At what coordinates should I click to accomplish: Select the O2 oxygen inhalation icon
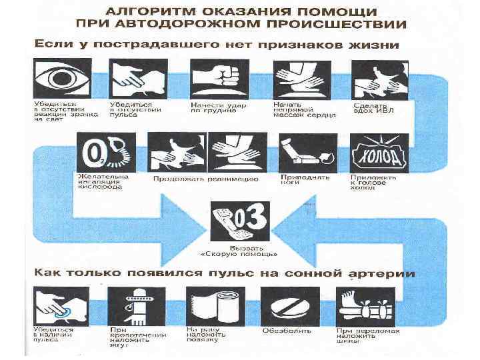106,153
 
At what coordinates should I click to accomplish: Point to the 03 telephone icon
239,221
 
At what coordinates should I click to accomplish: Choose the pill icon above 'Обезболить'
290,306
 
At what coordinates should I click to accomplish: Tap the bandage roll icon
213,306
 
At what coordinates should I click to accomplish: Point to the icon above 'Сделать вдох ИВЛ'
379,79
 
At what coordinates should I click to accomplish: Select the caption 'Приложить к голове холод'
373,183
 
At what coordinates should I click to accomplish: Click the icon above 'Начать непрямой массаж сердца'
297,79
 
